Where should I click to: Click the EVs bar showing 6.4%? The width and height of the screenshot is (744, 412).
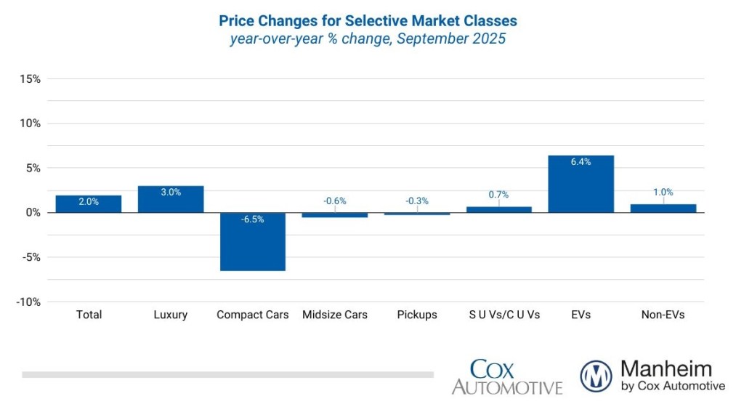pos(581,184)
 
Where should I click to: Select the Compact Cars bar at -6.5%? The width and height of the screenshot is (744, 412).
pos(253,241)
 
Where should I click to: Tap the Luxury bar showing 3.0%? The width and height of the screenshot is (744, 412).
pos(171,199)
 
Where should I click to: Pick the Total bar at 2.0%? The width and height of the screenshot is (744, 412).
pos(89,204)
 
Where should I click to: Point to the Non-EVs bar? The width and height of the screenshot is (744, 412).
pos(663,209)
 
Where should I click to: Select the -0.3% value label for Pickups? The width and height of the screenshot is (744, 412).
pos(417,201)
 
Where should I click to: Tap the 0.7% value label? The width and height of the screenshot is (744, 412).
pos(498,195)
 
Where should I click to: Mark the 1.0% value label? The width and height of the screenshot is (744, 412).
pos(663,193)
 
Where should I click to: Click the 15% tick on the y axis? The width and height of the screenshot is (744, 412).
pos(30,78)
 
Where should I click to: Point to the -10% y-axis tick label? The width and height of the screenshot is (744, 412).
pos(28,302)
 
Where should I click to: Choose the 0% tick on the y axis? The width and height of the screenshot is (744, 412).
pos(33,213)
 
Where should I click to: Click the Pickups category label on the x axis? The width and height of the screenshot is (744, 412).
pos(417,315)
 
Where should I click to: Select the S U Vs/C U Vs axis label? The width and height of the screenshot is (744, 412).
pos(504,315)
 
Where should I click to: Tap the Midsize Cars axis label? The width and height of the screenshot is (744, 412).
pos(335,315)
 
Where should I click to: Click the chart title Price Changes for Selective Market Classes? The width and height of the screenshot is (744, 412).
pos(368,20)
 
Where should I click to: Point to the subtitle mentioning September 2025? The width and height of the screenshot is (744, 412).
pos(368,39)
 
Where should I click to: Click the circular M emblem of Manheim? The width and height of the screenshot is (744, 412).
pos(596,376)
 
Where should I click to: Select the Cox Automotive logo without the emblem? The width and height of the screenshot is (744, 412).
pos(507,376)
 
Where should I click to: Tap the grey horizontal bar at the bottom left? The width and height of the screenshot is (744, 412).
pos(227,375)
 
